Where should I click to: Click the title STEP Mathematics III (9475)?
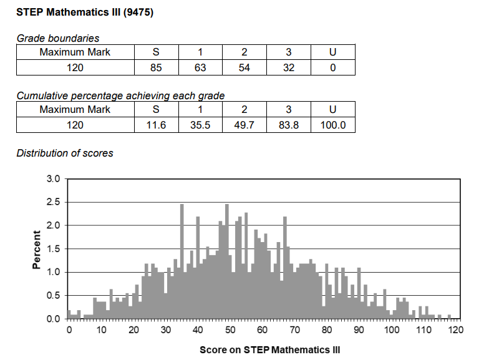tap(85, 12)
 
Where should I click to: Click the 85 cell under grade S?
tap(156, 67)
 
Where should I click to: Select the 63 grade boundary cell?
tap(200, 67)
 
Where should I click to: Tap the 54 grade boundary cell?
tap(244, 67)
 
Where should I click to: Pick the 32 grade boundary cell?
tap(288, 67)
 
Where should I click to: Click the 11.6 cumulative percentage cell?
tap(156, 125)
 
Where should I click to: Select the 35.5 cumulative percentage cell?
tap(200, 125)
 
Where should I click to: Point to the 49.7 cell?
tap(244, 125)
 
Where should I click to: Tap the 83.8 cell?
tap(288, 125)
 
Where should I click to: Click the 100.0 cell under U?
tap(333, 125)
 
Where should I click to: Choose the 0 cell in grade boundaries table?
tap(333, 67)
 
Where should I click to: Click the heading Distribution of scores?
tap(65, 153)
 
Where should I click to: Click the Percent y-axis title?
tap(36, 250)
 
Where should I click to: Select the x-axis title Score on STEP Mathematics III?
tap(270, 349)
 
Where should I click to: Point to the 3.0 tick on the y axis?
tap(53, 179)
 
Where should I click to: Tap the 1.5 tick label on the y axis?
tap(53, 249)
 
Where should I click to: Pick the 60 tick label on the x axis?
tap(262, 330)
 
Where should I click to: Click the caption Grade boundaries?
tap(57, 38)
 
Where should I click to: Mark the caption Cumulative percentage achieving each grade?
tap(120, 95)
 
